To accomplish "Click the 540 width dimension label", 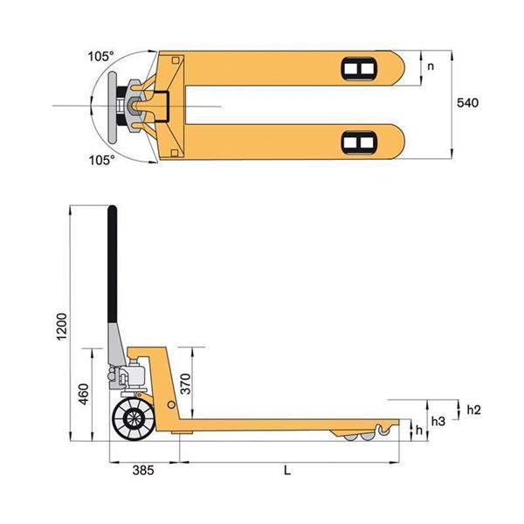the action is click(x=467, y=102).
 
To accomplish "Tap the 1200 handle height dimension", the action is click(x=62, y=327).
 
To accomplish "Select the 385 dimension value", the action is click(x=143, y=470).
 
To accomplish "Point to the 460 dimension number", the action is click(x=84, y=394).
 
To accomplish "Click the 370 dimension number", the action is click(x=185, y=384).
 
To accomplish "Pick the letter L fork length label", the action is click(x=287, y=471).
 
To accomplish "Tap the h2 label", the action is click(x=473, y=410).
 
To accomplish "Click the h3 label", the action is click(x=438, y=422).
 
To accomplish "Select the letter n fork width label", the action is click(x=431, y=66).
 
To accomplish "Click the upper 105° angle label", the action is click(x=100, y=57).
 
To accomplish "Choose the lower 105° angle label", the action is click(x=101, y=160).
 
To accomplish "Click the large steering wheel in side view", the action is click(x=134, y=418).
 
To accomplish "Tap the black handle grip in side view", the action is click(x=113, y=265).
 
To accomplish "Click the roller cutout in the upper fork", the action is click(x=359, y=69).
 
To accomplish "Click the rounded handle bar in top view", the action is click(x=113, y=107).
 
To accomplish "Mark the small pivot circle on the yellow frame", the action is click(x=171, y=405).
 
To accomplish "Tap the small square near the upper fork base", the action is click(x=176, y=60).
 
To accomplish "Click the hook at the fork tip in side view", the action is click(x=383, y=430).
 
